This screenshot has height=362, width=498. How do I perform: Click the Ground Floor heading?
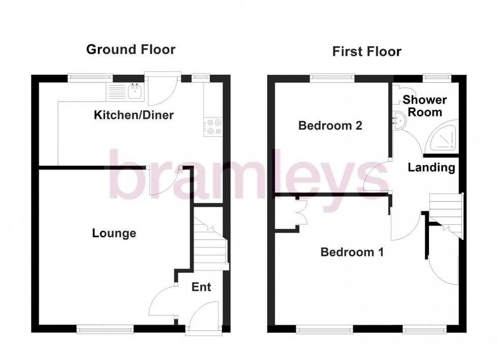131,49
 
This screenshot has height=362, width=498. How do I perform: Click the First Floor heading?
366,51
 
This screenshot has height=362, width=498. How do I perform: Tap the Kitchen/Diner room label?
134,115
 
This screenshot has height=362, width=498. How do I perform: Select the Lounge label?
114,233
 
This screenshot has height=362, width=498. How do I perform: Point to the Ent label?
201,287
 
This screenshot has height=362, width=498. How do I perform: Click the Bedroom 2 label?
330,126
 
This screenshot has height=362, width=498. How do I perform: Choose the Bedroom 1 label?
352,252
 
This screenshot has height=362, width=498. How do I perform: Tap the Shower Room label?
425,106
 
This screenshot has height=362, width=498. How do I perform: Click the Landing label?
431,167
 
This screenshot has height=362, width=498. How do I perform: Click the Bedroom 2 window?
332,78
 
